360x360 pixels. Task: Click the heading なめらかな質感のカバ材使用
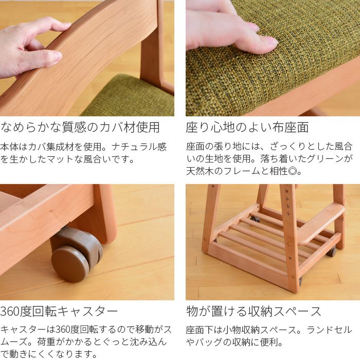click(x=80, y=127)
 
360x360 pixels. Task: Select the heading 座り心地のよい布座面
click(x=247, y=127)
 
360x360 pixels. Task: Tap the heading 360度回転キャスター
click(x=59, y=311)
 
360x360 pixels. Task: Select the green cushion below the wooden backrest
click(x=129, y=98)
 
